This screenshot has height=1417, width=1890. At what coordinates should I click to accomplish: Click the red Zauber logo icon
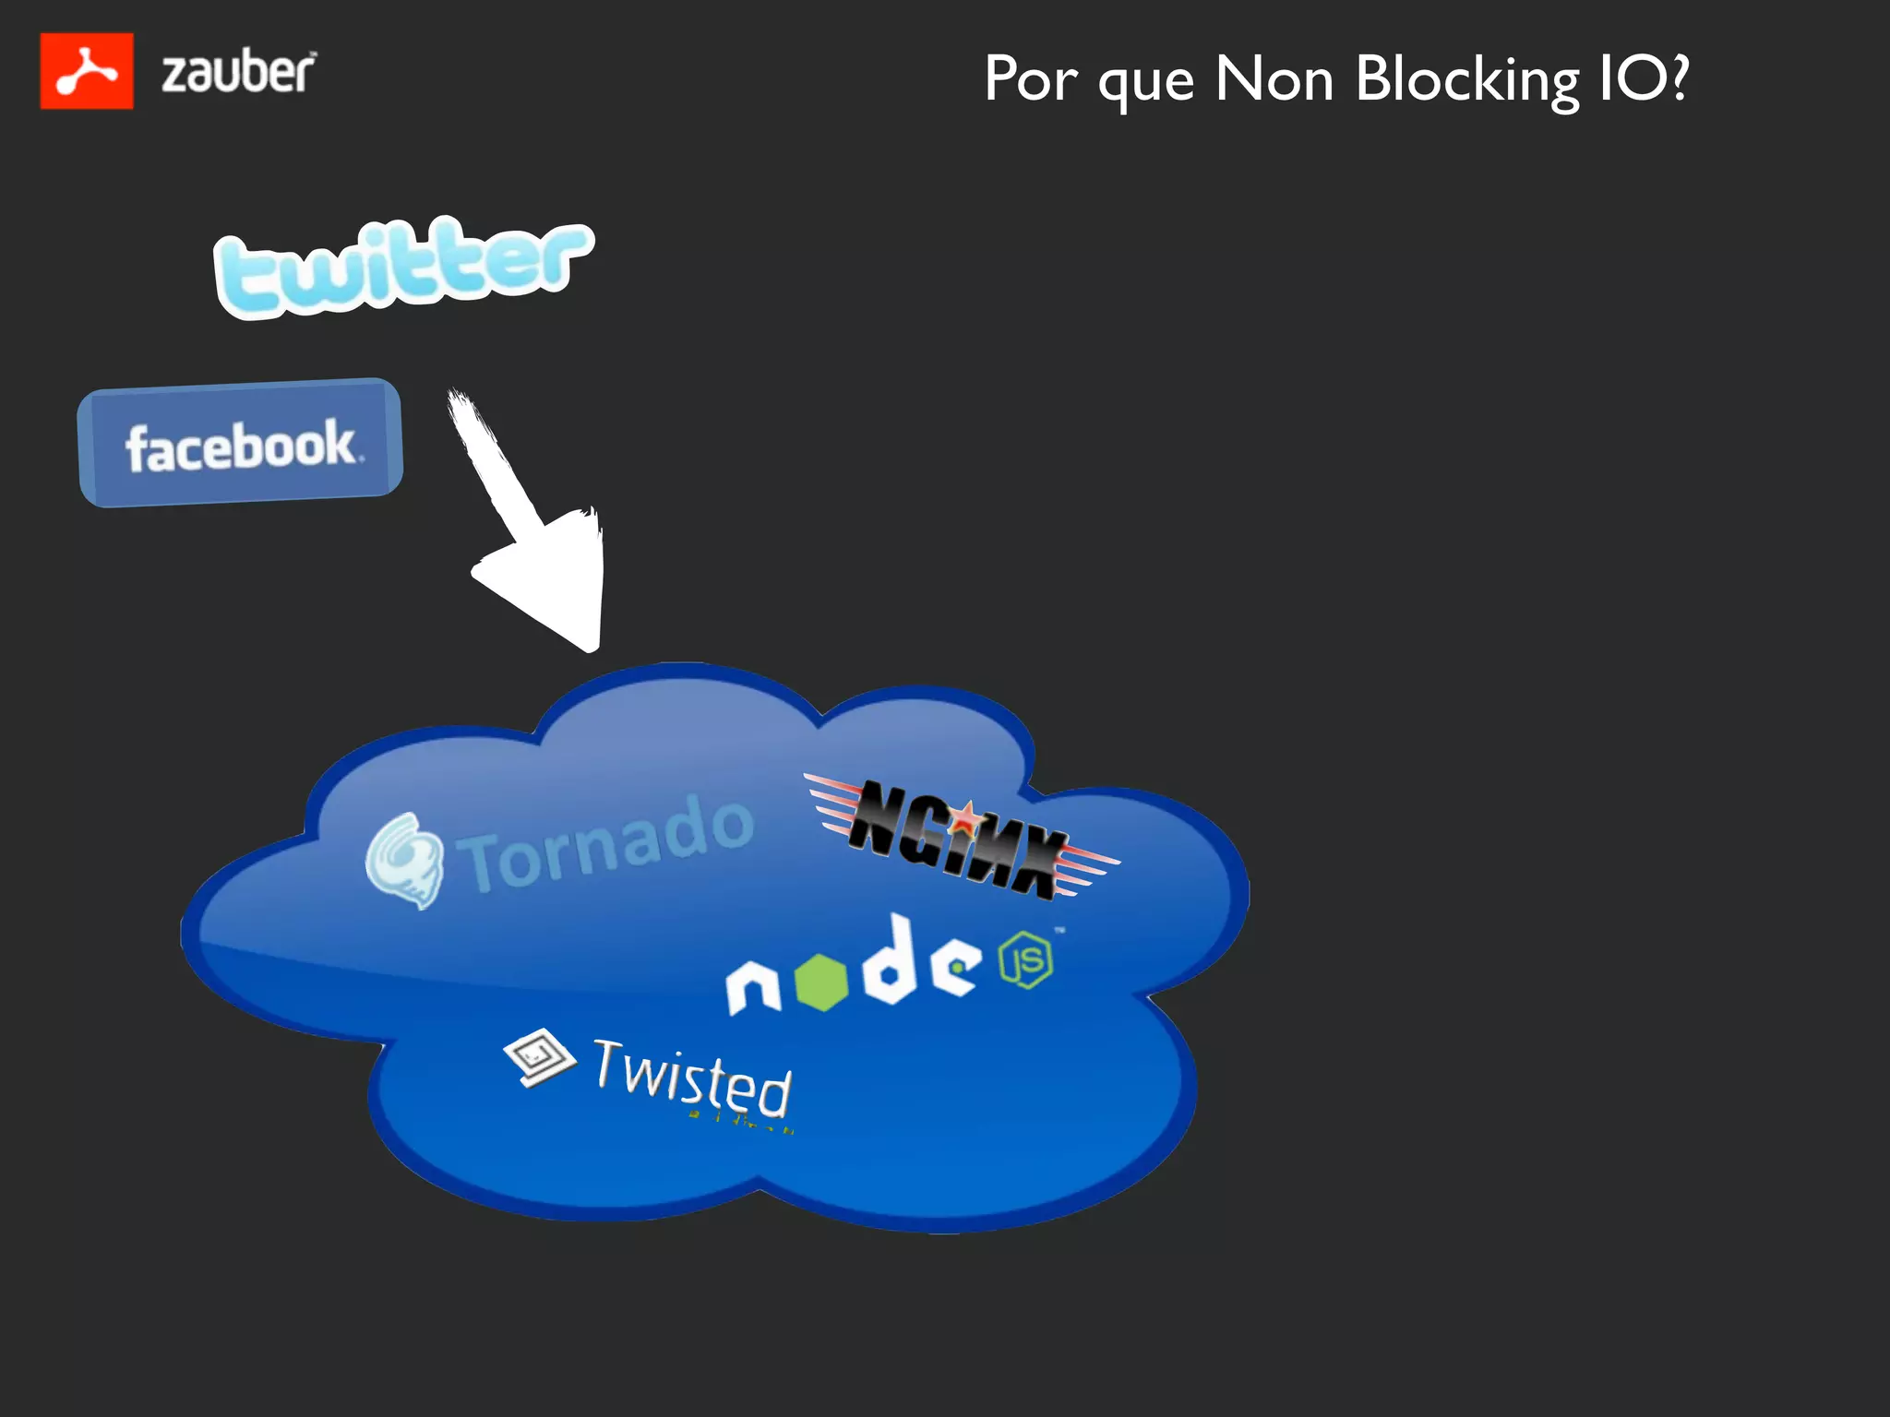click(x=87, y=71)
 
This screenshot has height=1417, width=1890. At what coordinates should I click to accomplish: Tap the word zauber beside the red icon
click(x=238, y=72)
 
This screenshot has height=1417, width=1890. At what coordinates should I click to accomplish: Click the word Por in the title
click(x=1030, y=79)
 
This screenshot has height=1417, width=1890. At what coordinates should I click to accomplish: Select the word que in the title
click(x=1146, y=83)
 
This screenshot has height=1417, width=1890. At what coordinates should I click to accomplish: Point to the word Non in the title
click(x=1274, y=78)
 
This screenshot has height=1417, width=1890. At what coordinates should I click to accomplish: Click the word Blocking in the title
click(x=1467, y=80)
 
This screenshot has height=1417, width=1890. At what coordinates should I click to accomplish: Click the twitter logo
click(x=402, y=266)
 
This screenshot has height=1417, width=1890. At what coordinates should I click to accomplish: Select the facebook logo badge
click(x=240, y=443)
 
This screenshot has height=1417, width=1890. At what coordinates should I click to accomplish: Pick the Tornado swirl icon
click(x=403, y=861)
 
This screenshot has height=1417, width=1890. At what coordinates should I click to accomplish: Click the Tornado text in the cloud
click(x=609, y=844)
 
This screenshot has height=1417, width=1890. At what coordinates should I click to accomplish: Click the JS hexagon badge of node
click(x=1026, y=959)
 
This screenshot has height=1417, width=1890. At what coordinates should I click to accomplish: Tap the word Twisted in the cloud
click(x=692, y=1078)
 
